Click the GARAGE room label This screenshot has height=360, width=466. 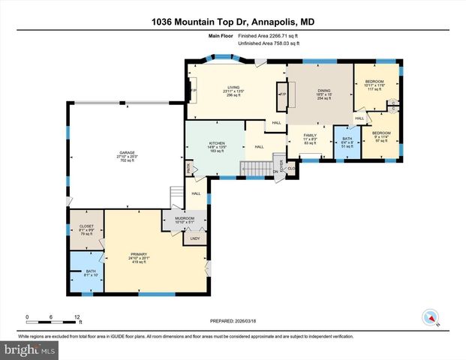127,153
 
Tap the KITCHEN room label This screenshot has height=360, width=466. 217,142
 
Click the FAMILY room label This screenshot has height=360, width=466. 310,136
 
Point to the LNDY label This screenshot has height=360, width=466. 194,238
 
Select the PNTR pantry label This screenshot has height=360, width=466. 188,169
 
